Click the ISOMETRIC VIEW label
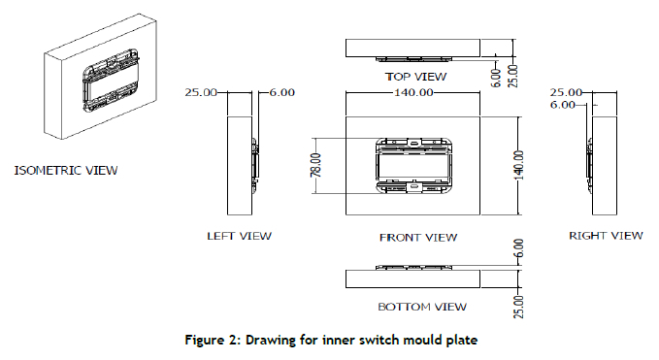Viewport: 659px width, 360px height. [66, 170]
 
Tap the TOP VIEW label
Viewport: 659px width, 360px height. [415, 77]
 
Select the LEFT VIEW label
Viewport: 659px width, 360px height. [239, 236]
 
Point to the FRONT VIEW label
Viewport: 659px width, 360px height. [418, 238]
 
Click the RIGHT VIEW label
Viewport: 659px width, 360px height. [606, 236]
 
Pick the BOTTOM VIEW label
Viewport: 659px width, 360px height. [422, 307]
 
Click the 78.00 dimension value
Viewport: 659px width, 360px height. [316, 165]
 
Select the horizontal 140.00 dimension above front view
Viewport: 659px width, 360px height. [413, 92]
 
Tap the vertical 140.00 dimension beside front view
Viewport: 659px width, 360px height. [518, 165]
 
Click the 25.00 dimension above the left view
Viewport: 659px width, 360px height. [201, 92]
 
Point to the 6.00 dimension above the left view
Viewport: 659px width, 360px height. [282, 92]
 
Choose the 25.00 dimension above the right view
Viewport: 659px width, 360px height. [566, 92]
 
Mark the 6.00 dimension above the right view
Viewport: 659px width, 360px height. [563, 105]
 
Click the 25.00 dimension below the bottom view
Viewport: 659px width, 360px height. [518, 307]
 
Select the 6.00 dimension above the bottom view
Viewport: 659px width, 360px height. [518, 248]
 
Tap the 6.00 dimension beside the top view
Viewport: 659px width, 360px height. [496, 78]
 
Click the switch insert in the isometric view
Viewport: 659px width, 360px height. [111, 82]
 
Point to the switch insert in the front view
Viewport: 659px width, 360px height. [414, 166]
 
